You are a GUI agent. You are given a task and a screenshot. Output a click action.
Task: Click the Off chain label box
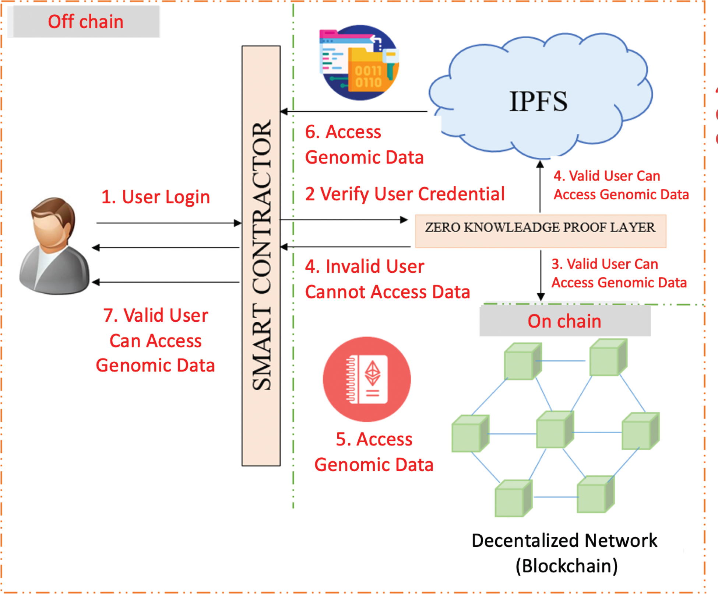point(85,21)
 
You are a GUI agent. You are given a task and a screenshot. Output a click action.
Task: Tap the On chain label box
point(564,321)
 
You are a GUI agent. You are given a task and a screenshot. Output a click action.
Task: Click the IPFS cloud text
point(538,101)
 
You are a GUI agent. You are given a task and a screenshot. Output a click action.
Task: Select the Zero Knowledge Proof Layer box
point(540,231)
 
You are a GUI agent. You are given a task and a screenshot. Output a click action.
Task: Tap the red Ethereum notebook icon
point(367,379)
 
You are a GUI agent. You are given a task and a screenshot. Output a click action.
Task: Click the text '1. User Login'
point(155,197)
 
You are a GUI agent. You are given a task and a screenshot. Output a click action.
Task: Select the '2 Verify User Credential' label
point(405,194)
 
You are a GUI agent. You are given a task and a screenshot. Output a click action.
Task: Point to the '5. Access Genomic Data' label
point(374,452)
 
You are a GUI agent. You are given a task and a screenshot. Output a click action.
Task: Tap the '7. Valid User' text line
point(155,315)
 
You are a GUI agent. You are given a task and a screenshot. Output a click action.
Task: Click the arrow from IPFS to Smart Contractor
point(353,111)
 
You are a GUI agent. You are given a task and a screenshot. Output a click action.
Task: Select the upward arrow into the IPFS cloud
point(540,186)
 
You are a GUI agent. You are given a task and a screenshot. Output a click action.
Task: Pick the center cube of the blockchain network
point(554,429)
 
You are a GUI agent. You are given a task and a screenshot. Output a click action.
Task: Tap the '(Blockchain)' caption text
point(566,566)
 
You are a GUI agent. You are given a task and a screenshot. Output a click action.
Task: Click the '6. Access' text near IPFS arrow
point(343,132)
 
